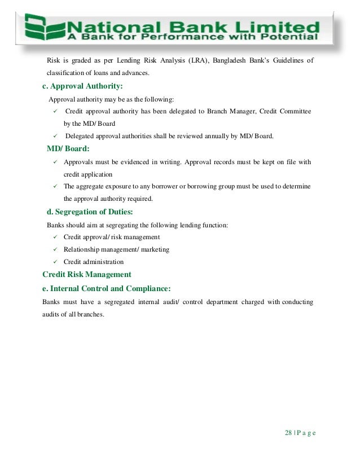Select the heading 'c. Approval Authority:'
tap(82, 86)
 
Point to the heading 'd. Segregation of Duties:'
tap(90, 212)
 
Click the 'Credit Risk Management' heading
tap(87, 274)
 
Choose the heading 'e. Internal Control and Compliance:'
tap(107, 288)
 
